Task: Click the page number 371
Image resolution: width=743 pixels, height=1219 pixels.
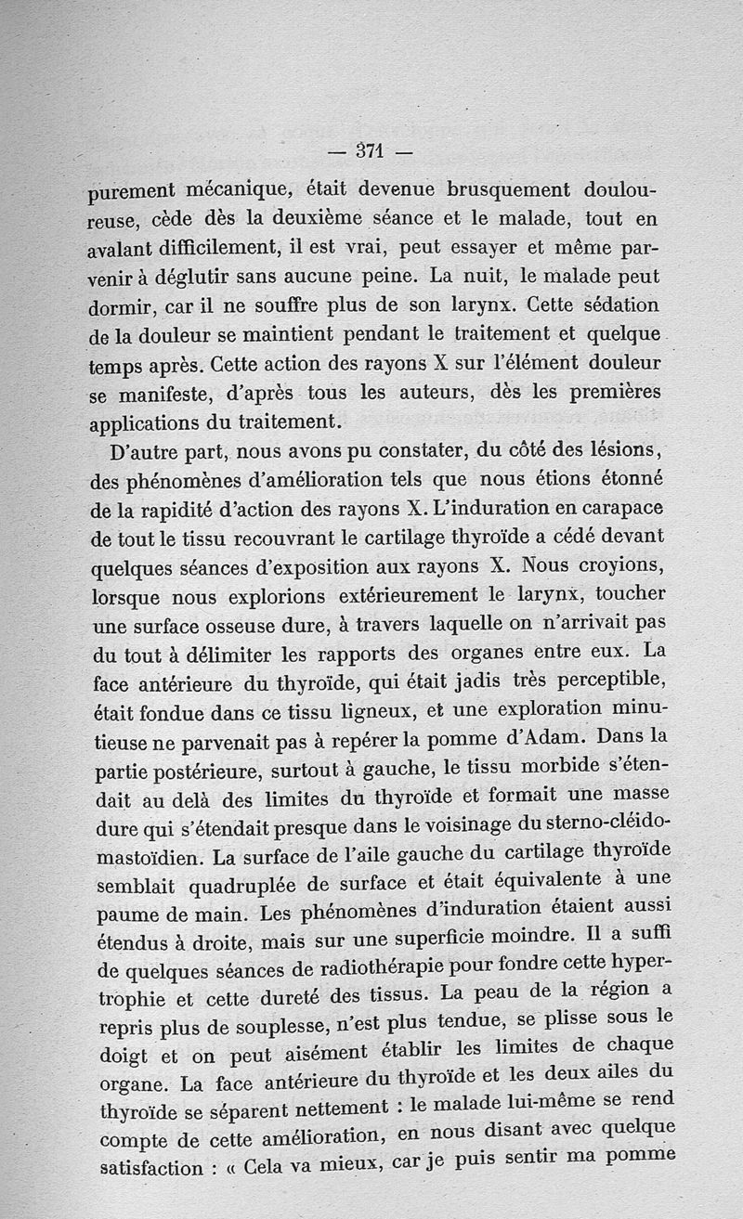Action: (368, 150)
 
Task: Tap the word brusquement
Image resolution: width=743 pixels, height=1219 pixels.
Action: (509, 188)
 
